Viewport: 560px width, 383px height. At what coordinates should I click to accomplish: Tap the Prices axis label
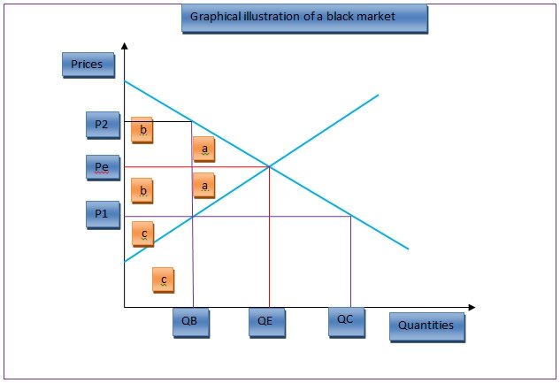pos(87,65)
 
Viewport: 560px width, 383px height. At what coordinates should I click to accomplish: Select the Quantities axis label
pos(426,326)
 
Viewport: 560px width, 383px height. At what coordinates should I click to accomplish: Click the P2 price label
pos(102,126)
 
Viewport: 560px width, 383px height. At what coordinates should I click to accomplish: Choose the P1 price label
pos(102,214)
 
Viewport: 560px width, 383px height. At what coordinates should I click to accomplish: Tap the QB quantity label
pos(190,322)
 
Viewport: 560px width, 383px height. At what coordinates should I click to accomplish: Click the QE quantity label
pos(265,322)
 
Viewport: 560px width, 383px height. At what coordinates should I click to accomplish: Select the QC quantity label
pos(345,320)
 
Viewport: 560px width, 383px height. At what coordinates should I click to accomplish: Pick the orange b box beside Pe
pos(142,189)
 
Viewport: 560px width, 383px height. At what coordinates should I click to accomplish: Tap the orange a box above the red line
pos(204,149)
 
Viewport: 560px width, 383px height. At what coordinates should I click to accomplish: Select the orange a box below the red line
pos(204,185)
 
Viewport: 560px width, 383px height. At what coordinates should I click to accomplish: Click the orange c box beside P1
pos(142,234)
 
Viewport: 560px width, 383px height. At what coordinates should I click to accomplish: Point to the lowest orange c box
pos(164,280)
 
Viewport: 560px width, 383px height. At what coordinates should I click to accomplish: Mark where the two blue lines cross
pos(270,166)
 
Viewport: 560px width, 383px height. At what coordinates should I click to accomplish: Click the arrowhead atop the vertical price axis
pos(125,45)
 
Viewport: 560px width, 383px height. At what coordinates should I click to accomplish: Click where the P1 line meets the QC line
pos(351,216)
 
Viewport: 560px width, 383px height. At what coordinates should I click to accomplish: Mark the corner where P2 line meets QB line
pos(192,120)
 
